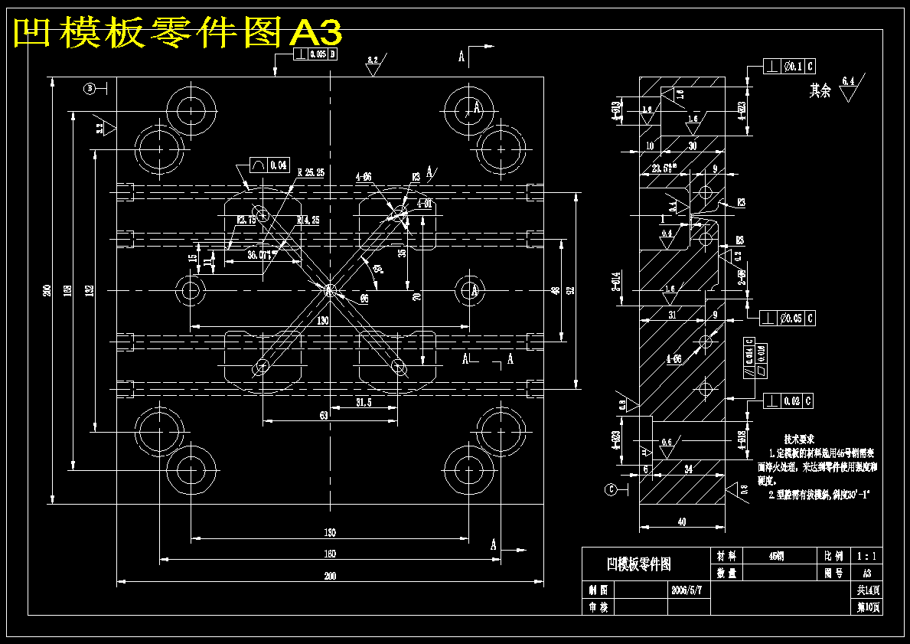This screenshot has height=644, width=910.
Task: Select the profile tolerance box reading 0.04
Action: coord(270,165)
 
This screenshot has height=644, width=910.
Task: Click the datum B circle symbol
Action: coord(90,89)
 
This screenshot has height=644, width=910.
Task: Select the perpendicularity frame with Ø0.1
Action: coord(789,67)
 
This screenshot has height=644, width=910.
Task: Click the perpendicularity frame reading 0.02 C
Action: coord(788,400)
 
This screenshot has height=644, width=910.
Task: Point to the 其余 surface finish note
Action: coord(820,91)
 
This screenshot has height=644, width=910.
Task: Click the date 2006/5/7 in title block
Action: coord(686,590)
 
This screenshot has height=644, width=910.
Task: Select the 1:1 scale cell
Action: coord(867,556)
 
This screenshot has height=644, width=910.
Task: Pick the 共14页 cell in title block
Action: coord(868,590)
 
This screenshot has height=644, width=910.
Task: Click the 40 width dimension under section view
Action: coord(681,521)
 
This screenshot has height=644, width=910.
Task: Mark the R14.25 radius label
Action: coord(308,221)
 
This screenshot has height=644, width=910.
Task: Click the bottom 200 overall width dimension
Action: coord(329,576)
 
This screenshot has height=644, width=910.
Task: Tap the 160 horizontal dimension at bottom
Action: coord(329,554)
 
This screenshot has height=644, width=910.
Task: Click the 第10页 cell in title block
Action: coord(868,607)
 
